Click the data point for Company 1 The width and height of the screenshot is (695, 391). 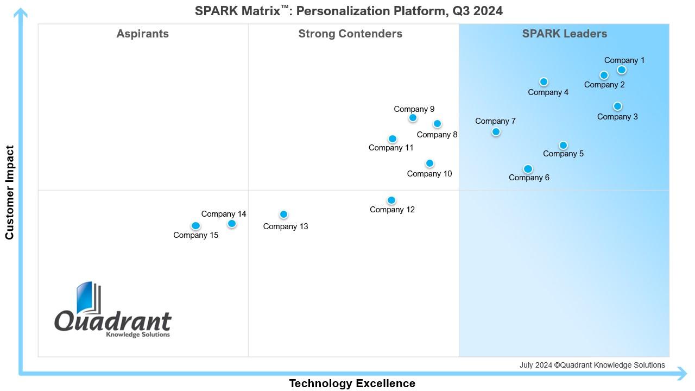622,70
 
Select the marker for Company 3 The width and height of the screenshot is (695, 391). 617,106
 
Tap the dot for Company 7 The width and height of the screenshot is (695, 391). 496,132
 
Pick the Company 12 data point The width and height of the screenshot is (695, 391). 391,200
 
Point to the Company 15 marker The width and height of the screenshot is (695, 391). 196,226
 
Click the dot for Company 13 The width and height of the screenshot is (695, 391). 283,215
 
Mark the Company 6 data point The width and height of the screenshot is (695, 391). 528,169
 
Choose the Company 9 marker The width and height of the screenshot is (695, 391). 413,118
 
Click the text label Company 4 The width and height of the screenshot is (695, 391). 548,92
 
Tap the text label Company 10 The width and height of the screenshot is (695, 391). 429,174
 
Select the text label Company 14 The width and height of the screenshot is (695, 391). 224,214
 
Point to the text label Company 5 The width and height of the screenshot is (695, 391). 563,154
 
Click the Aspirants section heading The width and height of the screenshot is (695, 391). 142,34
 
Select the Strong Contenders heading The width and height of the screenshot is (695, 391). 350,34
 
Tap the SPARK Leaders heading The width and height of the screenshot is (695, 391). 564,34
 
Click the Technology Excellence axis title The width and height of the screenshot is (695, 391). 352,383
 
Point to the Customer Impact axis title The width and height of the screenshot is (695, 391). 9,192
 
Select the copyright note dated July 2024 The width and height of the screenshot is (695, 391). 592,365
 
